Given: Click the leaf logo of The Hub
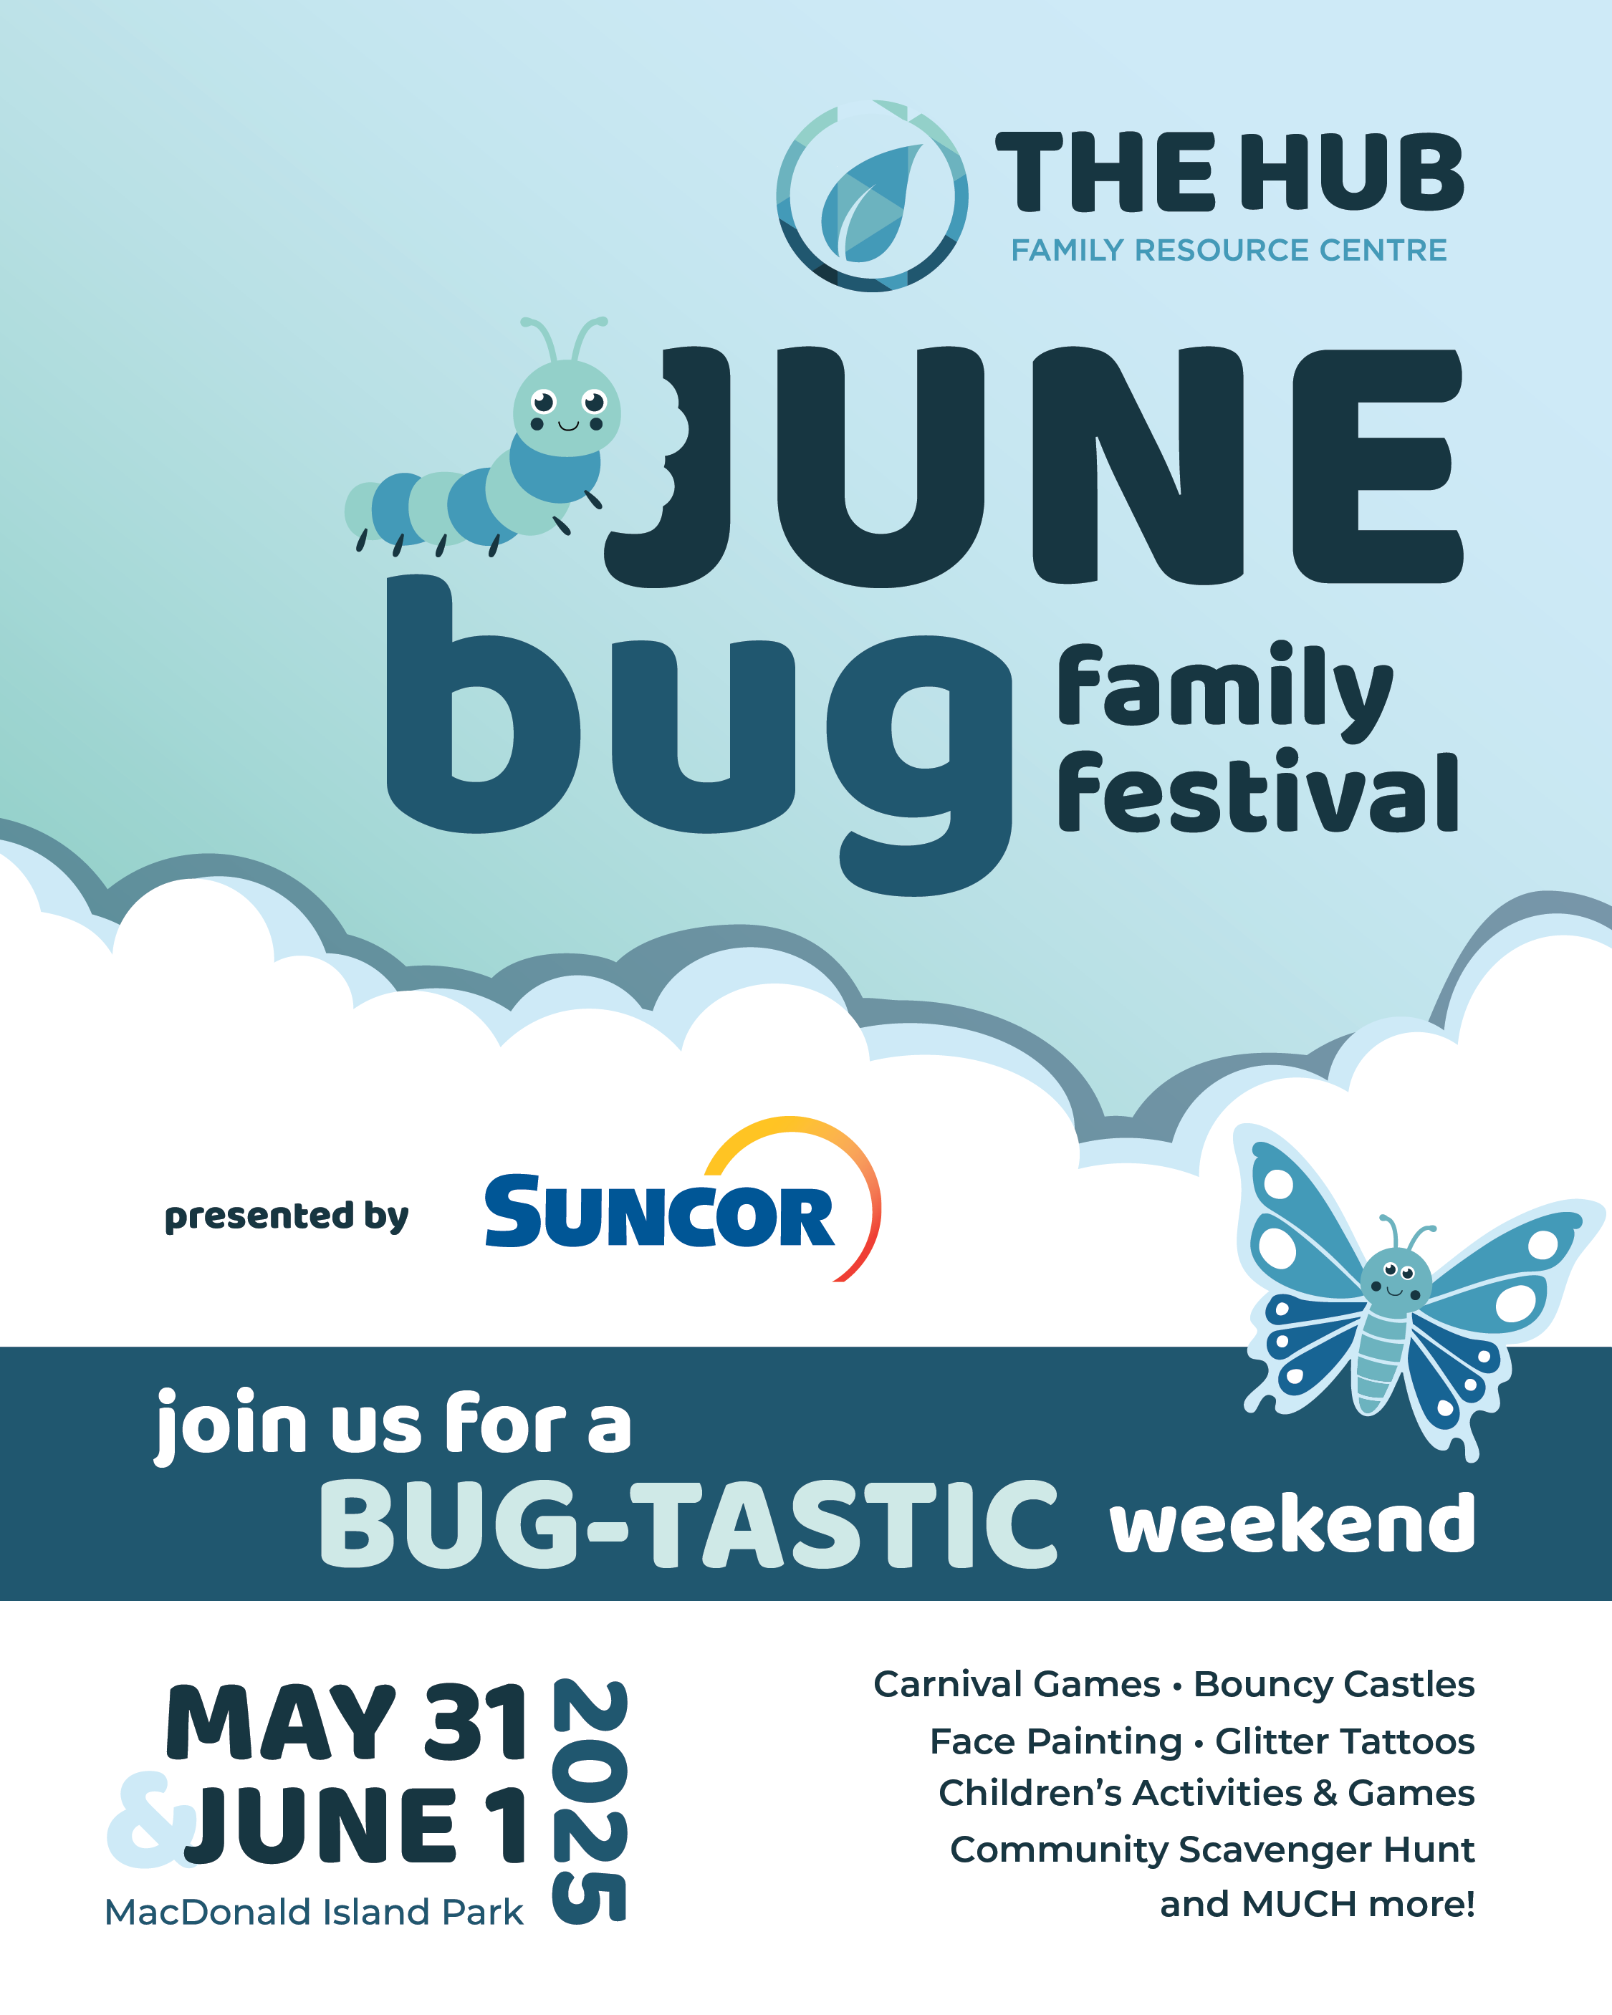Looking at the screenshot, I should [871, 196].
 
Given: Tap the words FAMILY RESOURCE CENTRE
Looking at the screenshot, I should [1228, 251].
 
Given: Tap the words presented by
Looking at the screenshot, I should [286, 1216].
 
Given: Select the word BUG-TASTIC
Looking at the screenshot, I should [689, 1524].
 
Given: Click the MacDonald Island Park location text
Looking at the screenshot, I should [313, 1912].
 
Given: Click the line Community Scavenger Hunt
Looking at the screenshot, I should [1212, 1850].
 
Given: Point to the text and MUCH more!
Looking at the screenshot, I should [1317, 1904].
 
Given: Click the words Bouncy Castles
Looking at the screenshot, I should [1334, 1684].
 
